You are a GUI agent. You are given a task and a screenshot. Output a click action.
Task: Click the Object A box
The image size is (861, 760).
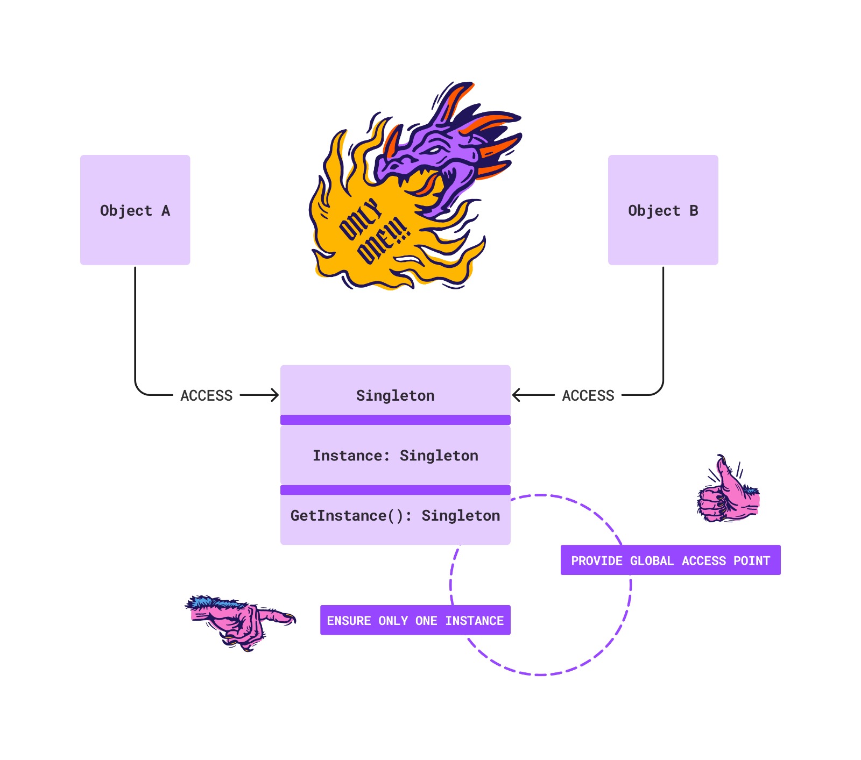(135, 210)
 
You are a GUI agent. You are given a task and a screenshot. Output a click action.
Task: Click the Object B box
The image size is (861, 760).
(662, 210)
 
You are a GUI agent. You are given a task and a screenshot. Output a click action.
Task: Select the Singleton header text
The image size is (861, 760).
(395, 396)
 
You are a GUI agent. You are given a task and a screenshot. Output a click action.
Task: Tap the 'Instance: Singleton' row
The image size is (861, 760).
(395, 456)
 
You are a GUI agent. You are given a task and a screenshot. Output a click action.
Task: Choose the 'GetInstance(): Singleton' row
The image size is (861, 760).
(395, 516)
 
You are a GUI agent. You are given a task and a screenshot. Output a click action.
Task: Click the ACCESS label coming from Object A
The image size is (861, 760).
(206, 396)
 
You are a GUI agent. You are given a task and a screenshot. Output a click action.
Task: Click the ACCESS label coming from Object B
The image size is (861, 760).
(588, 396)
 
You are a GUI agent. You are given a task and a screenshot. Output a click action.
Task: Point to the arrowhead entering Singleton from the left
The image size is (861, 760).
(276, 395)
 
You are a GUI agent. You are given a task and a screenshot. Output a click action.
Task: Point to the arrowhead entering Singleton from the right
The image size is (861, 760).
(516, 395)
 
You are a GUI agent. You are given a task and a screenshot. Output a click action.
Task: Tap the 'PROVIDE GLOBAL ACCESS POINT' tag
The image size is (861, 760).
(670, 560)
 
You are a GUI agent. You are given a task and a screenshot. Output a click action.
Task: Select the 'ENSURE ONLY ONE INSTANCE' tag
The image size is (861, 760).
(415, 621)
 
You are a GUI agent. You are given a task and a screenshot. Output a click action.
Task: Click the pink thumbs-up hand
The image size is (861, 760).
(728, 492)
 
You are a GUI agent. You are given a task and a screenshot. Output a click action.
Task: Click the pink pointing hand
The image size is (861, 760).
(239, 621)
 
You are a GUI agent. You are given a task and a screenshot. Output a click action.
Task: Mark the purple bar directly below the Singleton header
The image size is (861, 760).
(395, 420)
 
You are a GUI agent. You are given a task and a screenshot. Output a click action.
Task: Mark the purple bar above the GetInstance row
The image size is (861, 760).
(395, 489)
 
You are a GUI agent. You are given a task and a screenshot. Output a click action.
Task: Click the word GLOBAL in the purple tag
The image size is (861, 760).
(651, 561)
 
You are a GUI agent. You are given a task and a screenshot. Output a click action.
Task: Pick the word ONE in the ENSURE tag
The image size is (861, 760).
(426, 621)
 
